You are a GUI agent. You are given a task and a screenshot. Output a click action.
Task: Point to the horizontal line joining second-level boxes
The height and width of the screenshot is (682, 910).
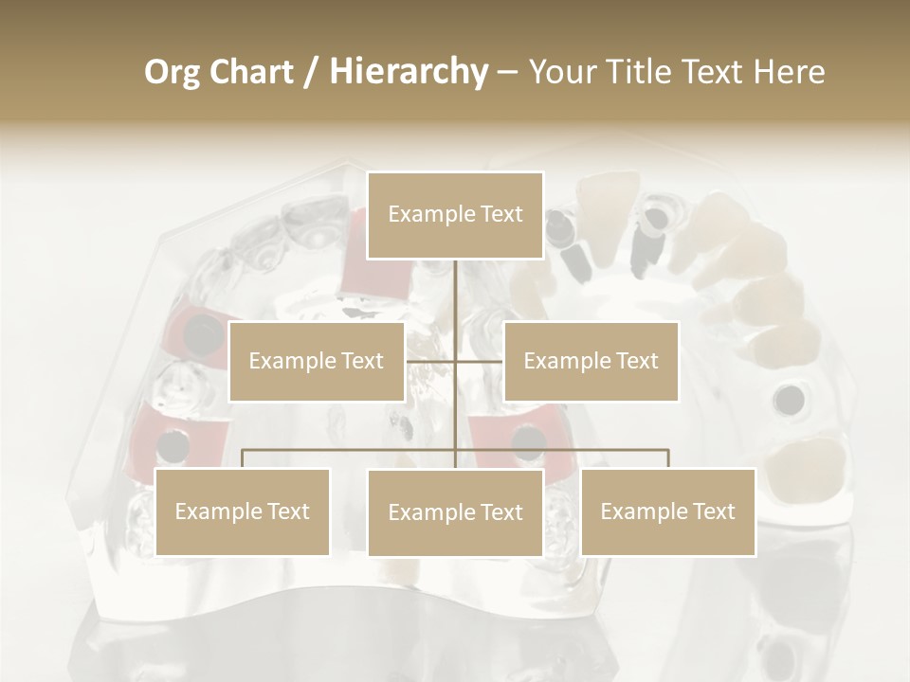[x=479, y=361]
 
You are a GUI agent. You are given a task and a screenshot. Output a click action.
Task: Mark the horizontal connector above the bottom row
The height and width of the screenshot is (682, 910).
[x=569, y=450]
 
